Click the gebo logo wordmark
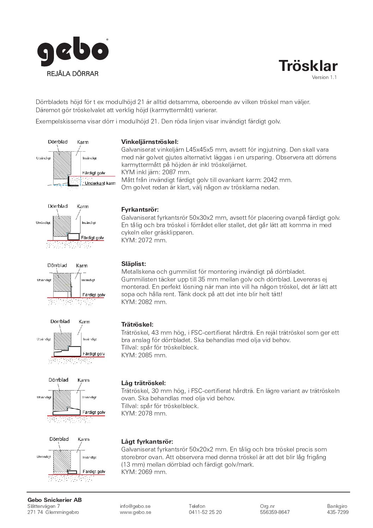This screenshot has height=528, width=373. (73, 53)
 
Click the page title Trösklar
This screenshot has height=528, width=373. (308, 66)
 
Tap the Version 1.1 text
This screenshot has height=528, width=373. (324, 78)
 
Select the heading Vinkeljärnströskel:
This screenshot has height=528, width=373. (150, 142)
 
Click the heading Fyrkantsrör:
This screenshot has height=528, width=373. (140, 210)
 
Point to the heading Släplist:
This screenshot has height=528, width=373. (134, 264)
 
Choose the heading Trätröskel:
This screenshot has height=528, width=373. (137, 324)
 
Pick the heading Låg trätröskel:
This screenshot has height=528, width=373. (143, 383)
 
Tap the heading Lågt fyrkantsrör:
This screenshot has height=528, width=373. (147, 442)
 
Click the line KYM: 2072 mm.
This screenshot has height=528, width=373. (144, 241)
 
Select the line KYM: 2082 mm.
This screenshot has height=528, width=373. (144, 302)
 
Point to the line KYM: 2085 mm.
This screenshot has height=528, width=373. (144, 355)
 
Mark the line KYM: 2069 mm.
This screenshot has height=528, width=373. (144, 472)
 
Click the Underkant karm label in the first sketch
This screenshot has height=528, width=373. (100, 183)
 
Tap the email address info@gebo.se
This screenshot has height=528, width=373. (135, 506)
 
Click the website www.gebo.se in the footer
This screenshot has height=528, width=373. (135, 512)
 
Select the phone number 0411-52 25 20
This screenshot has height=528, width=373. (205, 512)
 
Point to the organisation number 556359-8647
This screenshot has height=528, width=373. (275, 512)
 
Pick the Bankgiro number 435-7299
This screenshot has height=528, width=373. (338, 512)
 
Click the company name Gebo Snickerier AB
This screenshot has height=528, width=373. (55, 500)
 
